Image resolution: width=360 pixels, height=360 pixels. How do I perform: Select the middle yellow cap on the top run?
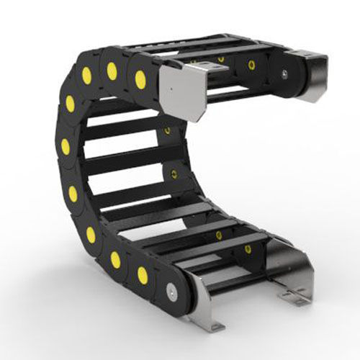112,71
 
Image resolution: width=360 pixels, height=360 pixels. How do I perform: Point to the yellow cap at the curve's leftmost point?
66,147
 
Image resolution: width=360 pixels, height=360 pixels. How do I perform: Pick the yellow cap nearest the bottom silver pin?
143,274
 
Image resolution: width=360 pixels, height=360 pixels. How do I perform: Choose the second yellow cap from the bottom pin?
115,258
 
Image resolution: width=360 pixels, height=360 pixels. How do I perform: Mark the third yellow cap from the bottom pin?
91,235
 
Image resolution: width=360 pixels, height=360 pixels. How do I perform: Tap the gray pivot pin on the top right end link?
286,73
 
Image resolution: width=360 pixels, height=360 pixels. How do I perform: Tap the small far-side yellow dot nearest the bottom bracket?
248,249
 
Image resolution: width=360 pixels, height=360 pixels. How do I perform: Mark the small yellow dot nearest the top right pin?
252,65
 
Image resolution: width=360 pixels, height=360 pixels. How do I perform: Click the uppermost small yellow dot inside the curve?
168,131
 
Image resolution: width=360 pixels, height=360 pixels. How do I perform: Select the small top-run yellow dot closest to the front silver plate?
221,59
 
